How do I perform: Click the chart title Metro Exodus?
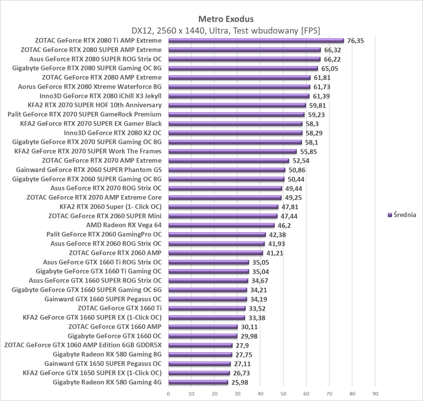pyautogui.click(x=226, y=19)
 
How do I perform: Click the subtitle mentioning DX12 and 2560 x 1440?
pyautogui.click(x=226, y=31)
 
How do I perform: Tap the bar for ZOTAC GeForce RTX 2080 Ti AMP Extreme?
pyautogui.click(x=256, y=41)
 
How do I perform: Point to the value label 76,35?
pyautogui.click(x=356, y=41)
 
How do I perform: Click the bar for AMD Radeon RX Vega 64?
pyautogui.click(x=221, y=225)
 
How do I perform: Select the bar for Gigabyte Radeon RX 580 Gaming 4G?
pyautogui.click(x=198, y=382)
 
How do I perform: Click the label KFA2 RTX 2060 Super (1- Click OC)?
pyautogui.click(x=111, y=207)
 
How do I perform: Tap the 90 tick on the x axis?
pyautogui.click(x=375, y=394)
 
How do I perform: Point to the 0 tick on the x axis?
pyautogui.click(x=168, y=394)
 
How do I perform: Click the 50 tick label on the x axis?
pyautogui.click(x=283, y=394)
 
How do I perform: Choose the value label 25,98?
pyautogui.click(x=240, y=383)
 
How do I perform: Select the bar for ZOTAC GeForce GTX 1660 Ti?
pyautogui.click(x=207, y=308)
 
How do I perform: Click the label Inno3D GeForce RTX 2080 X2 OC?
pyautogui.click(x=113, y=133)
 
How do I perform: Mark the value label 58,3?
pyautogui.click(x=312, y=124)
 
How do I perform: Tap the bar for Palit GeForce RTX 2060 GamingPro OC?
pyautogui.click(x=217, y=234)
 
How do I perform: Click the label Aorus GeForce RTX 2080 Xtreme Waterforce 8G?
pyautogui.click(x=90, y=87)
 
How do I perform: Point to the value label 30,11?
pyautogui.click(x=249, y=327)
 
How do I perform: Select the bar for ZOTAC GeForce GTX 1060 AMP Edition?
pyautogui.click(x=200, y=345)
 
